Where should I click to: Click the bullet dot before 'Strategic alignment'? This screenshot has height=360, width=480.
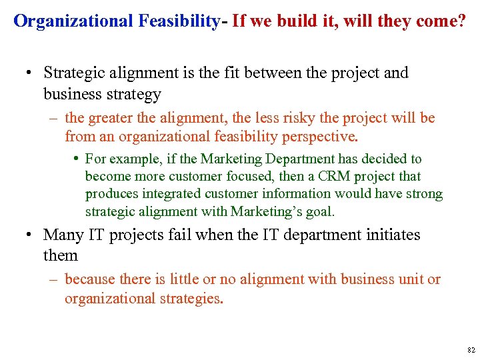(x=29, y=73)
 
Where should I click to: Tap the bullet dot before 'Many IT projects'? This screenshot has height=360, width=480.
(x=29, y=235)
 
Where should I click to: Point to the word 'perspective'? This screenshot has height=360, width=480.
(x=319, y=137)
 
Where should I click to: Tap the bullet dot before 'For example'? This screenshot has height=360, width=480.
(x=78, y=159)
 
